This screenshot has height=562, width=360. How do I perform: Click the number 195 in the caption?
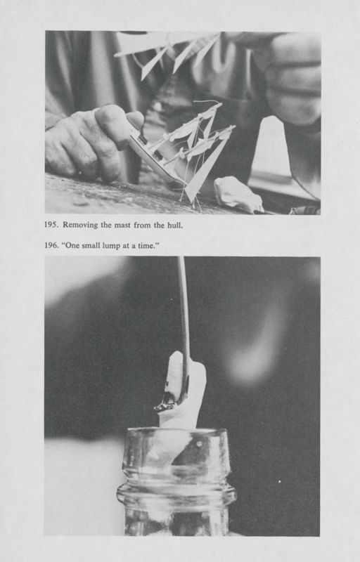(51, 225)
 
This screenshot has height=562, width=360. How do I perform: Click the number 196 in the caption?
(51, 246)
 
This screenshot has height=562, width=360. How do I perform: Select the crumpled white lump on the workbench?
(238, 195)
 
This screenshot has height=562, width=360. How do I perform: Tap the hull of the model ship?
(154, 157)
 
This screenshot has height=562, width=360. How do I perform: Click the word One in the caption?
(70, 246)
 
